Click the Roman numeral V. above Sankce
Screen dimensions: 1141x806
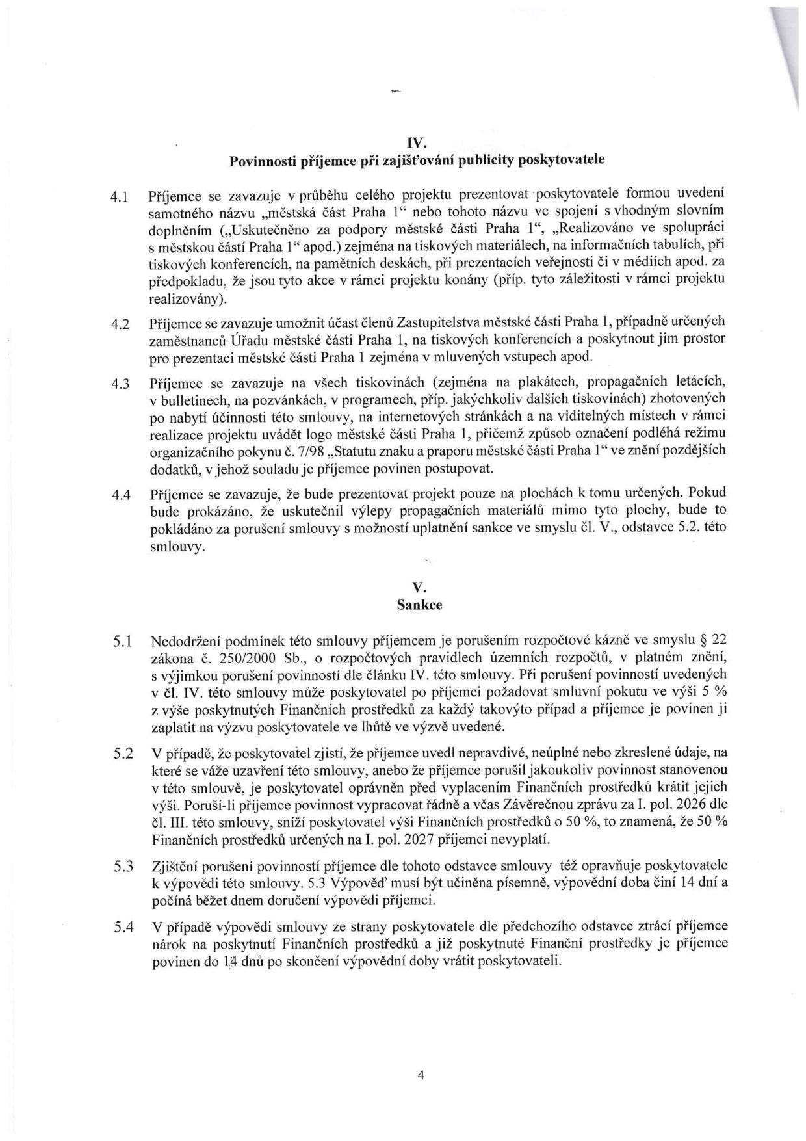click(x=420, y=588)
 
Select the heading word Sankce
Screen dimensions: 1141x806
click(x=420, y=605)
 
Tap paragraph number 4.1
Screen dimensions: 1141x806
click(x=122, y=196)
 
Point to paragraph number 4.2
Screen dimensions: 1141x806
click(x=122, y=324)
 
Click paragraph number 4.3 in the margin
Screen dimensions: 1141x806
click(x=122, y=384)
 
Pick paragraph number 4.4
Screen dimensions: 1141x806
click(x=122, y=495)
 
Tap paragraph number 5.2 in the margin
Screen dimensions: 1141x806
click(x=123, y=754)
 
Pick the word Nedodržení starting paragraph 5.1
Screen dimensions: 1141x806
click(x=181, y=640)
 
